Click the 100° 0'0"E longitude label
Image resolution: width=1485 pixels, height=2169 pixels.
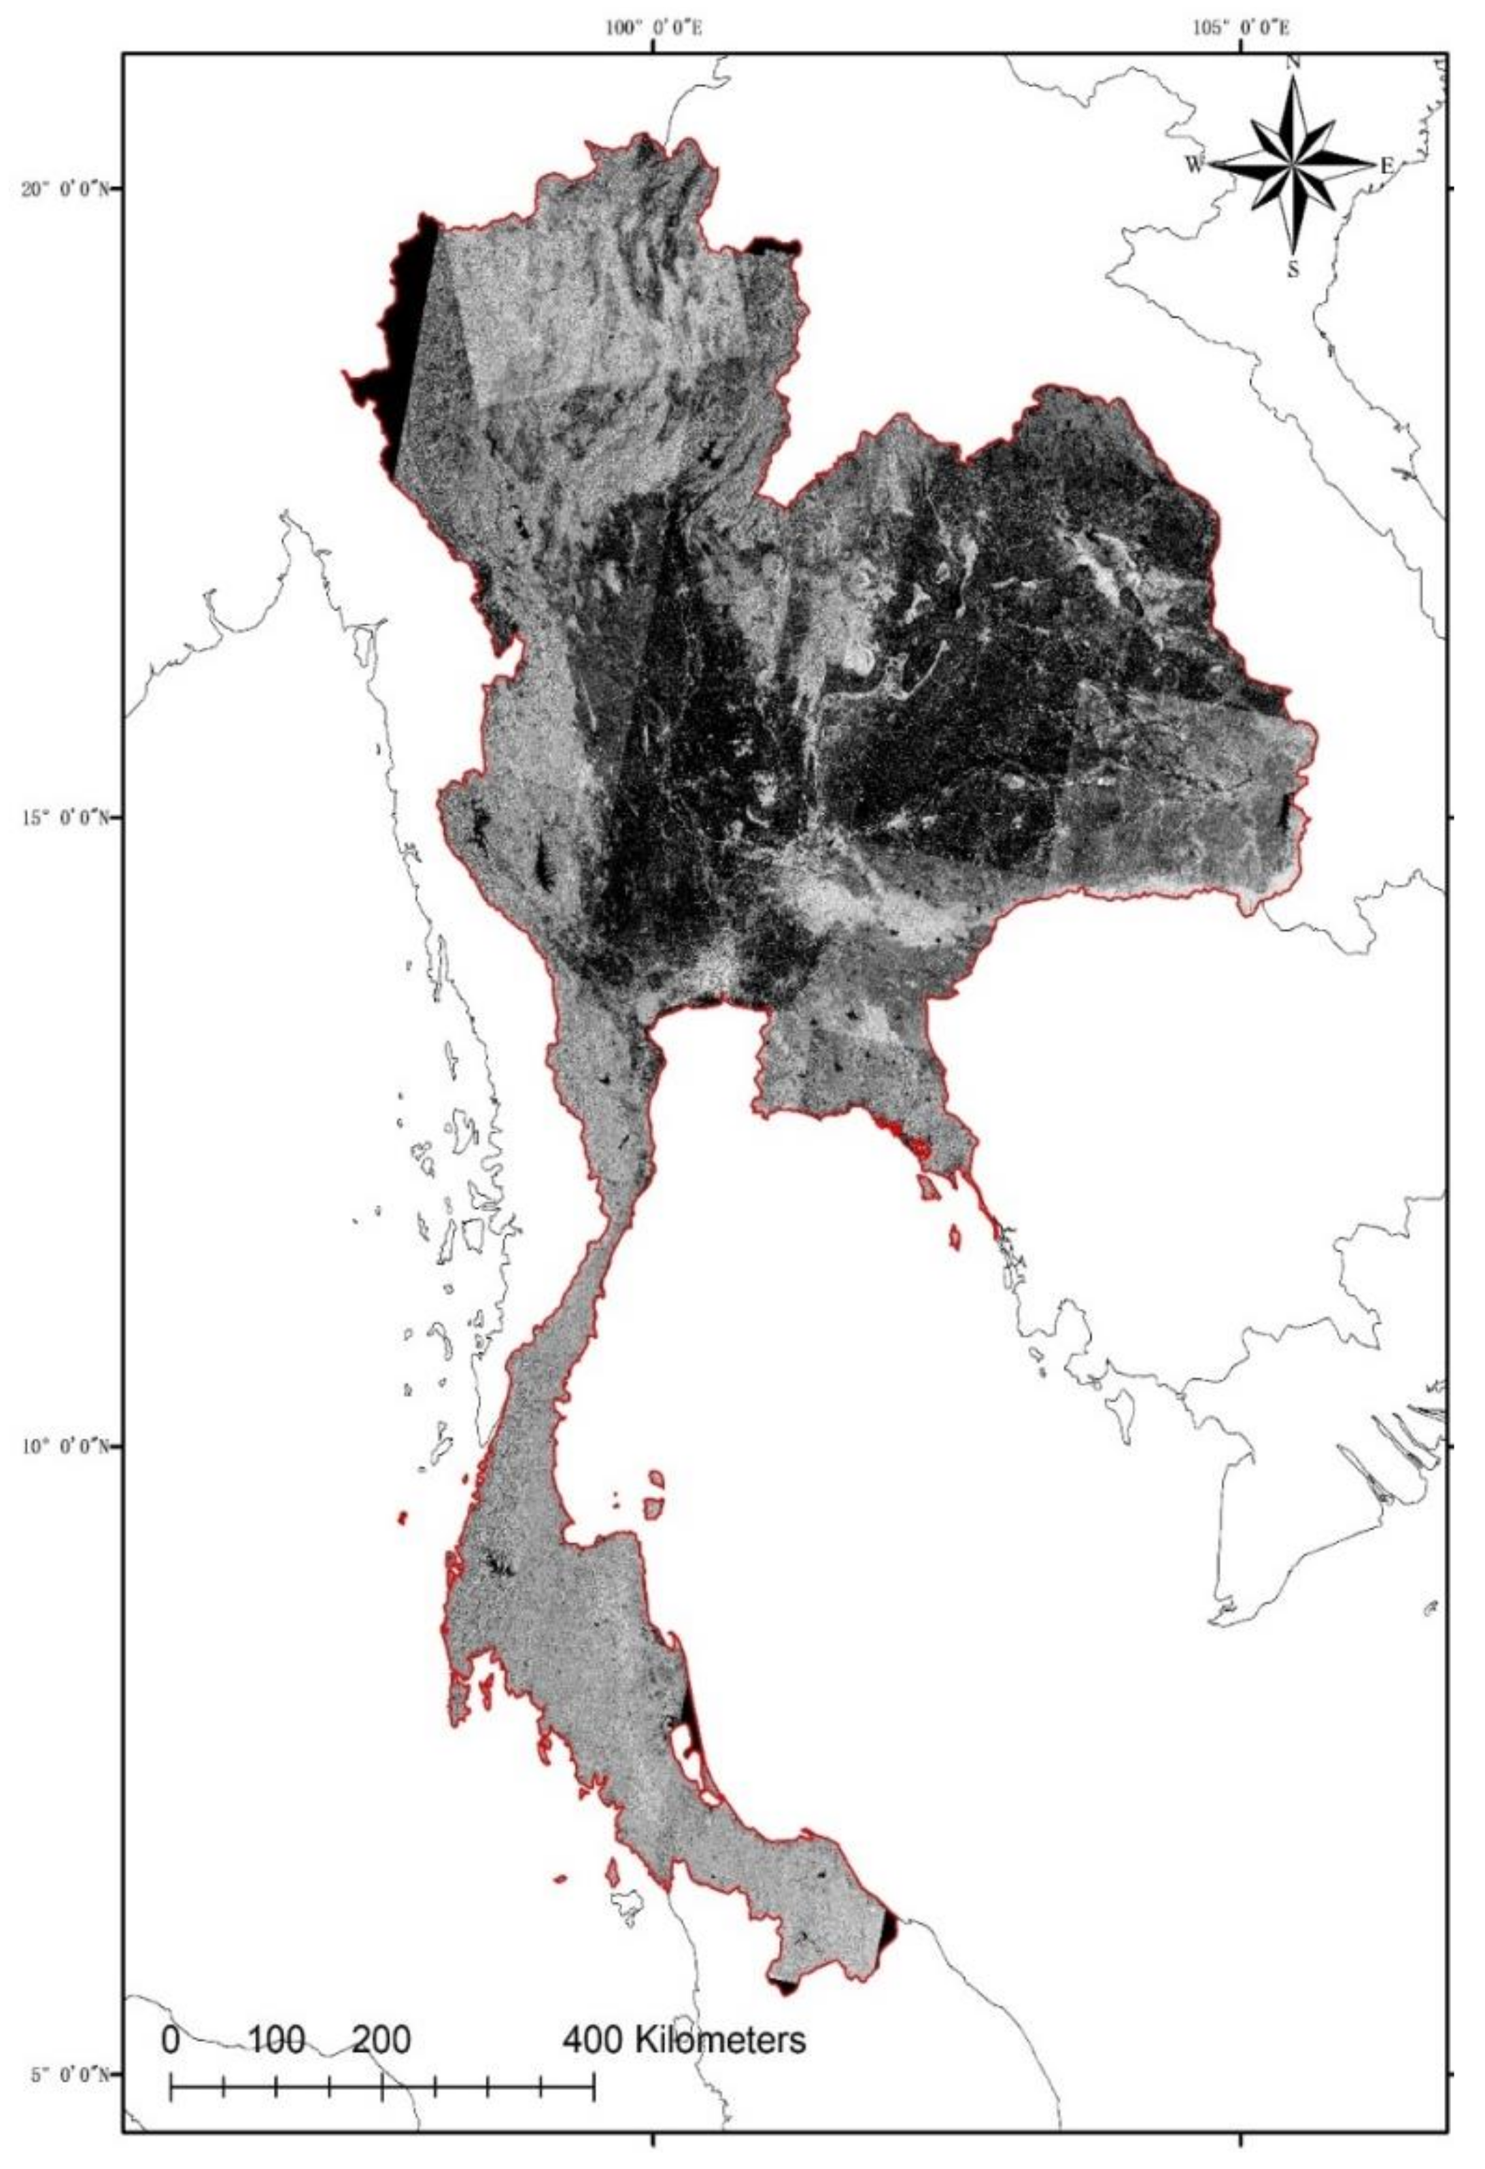point(653,28)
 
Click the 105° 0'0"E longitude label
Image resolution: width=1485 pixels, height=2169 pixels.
point(1242,28)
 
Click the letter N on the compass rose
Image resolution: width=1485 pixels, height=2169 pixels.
point(1293,63)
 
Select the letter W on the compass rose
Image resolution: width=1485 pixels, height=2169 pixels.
point(1195,165)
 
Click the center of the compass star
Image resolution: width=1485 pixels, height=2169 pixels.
point(1293,165)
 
